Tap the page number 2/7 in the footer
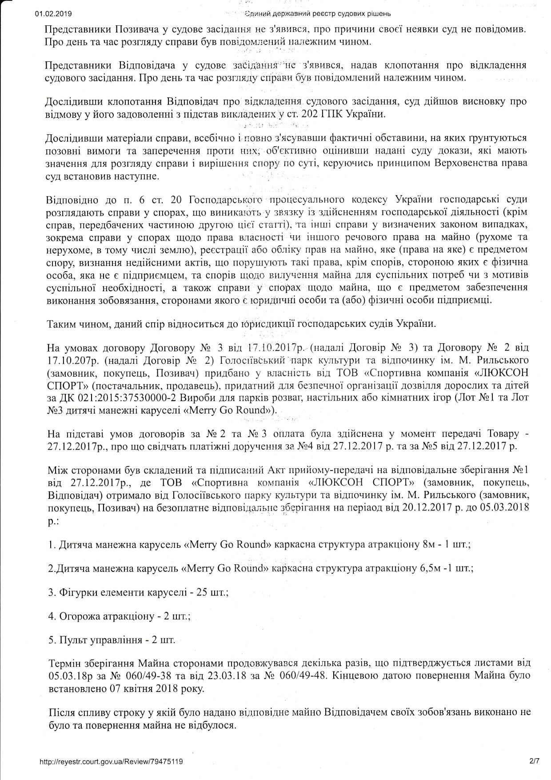[534, 761]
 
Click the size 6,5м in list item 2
[425, 568]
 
